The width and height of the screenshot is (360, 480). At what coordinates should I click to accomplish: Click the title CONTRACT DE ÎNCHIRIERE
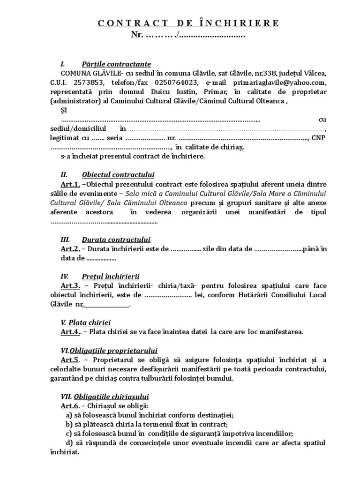(x=188, y=23)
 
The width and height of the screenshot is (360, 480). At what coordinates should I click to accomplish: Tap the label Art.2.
(x=70, y=248)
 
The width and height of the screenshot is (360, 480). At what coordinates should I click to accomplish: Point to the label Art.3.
(x=71, y=285)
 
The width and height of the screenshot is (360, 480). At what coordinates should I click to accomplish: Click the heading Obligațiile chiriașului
(x=115, y=396)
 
